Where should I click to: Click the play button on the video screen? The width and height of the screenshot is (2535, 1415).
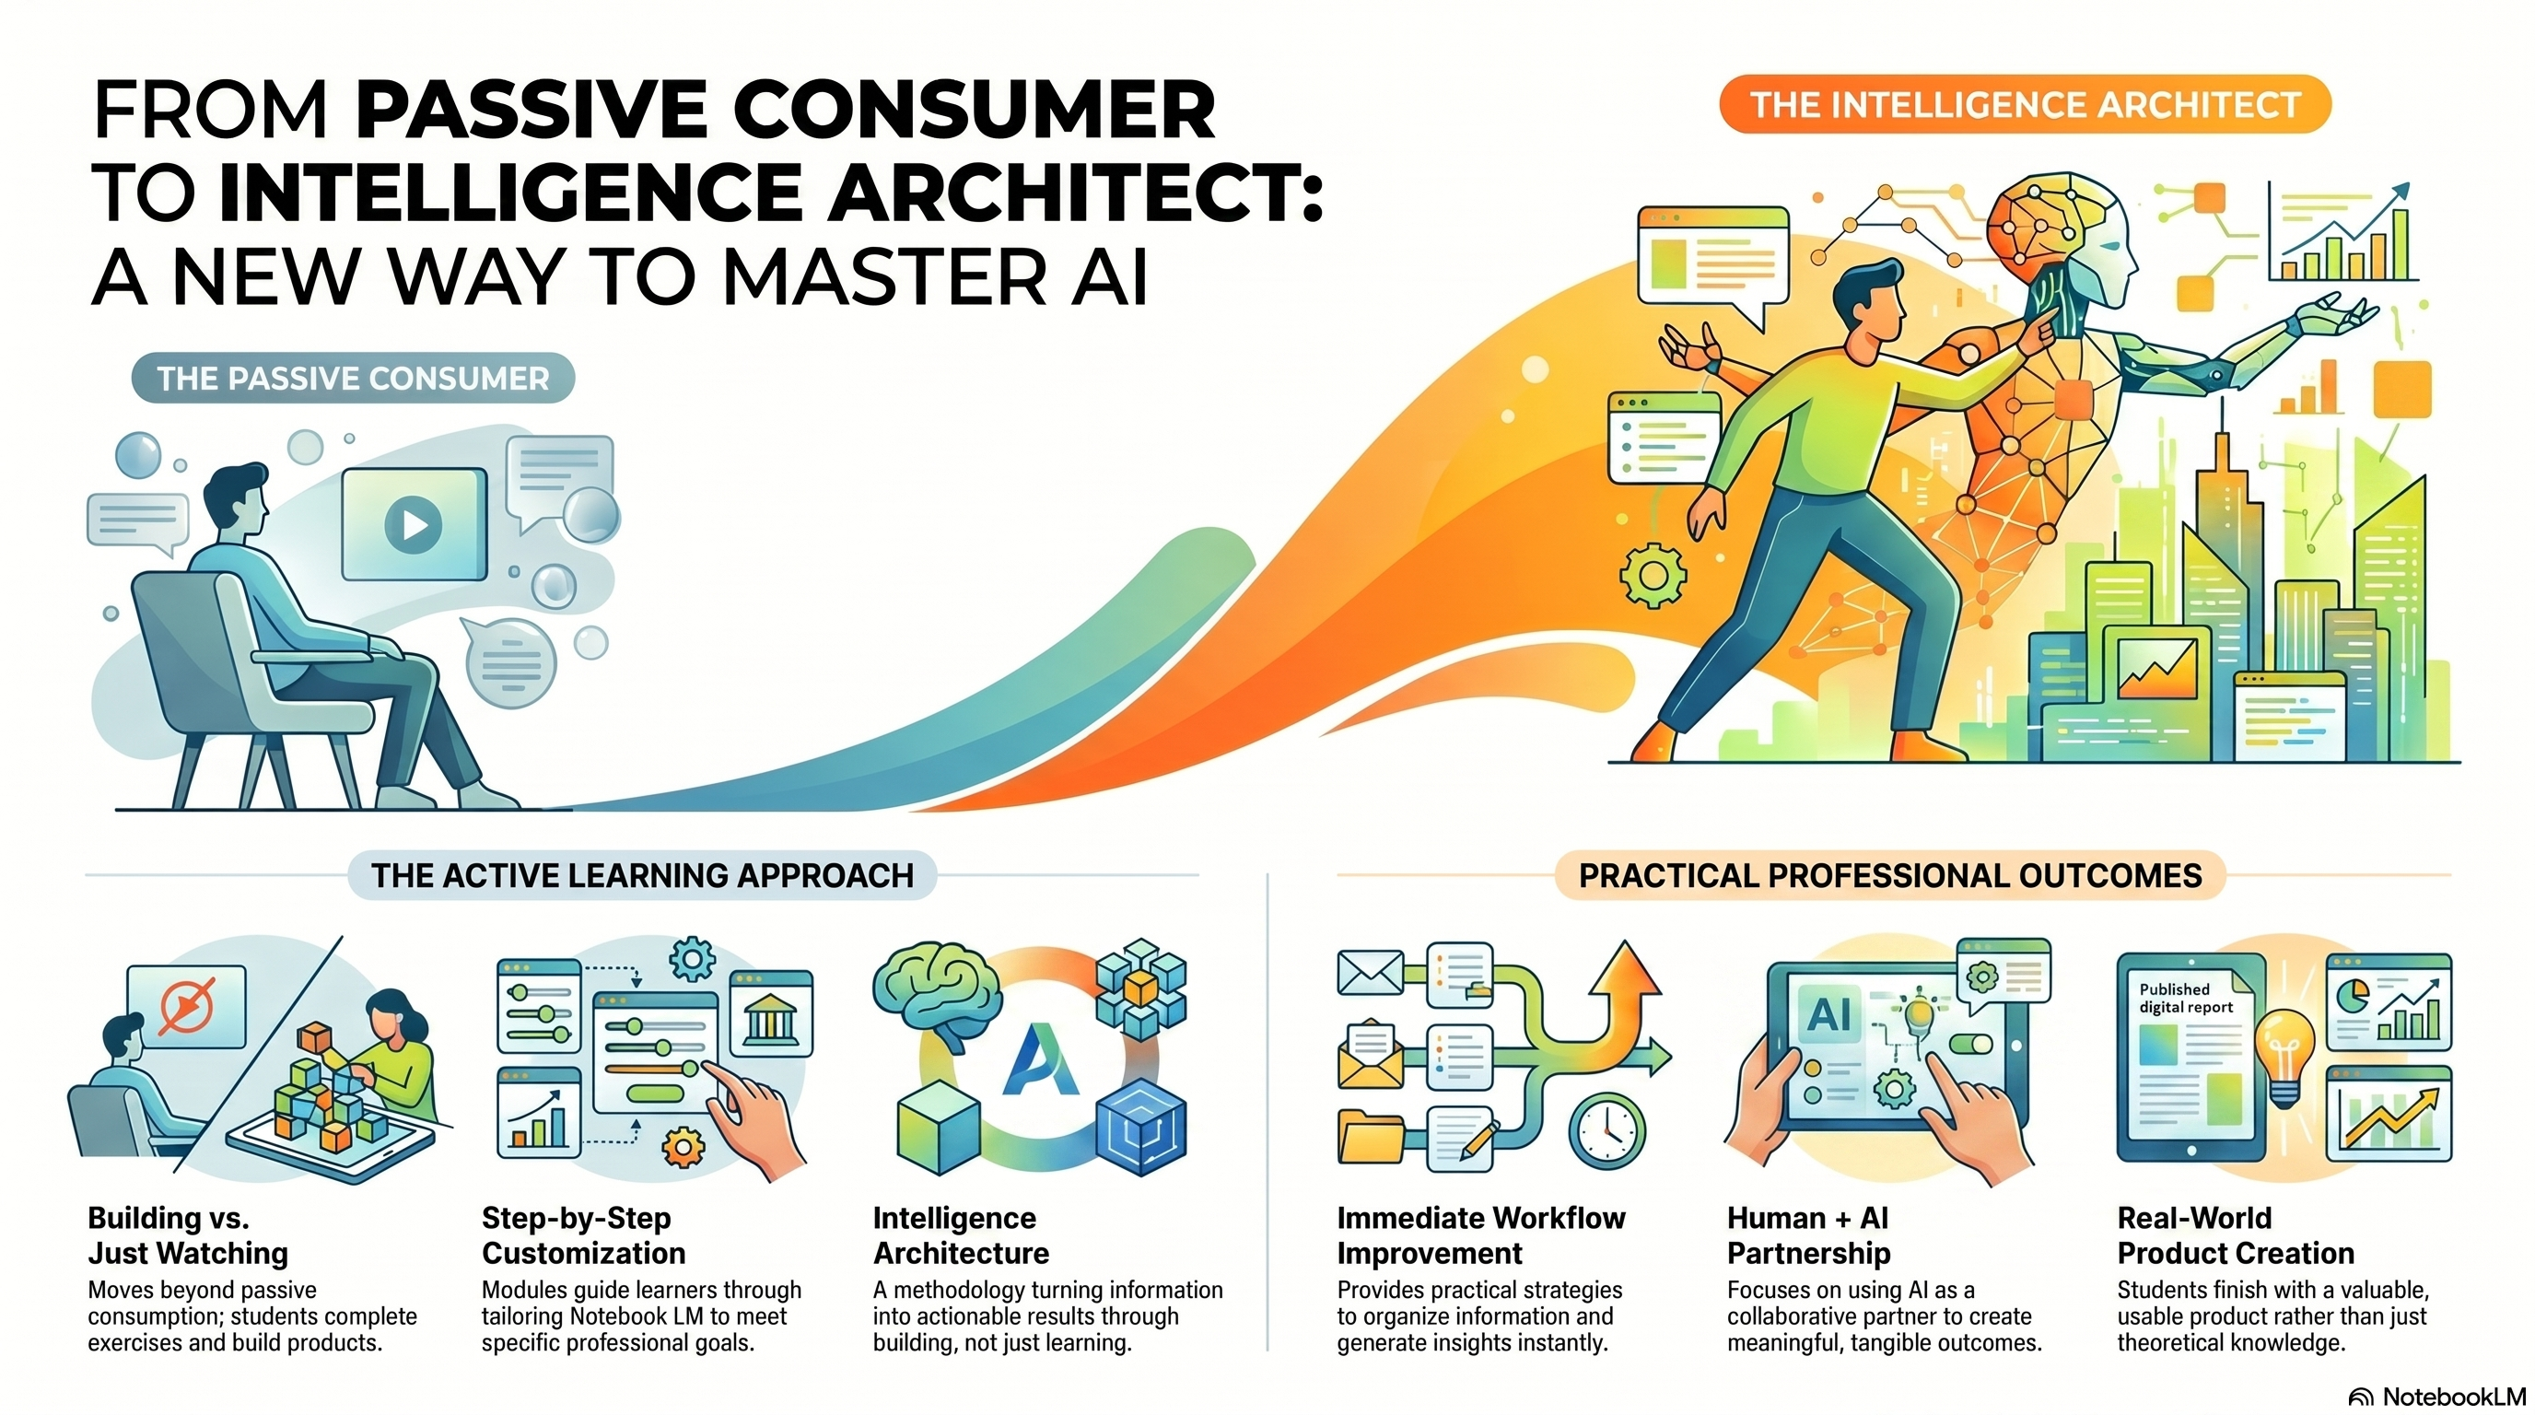(x=414, y=524)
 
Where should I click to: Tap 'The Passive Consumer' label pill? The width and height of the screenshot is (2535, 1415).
(x=352, y=378)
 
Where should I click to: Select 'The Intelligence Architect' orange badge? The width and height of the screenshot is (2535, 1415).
(x=2025, y=104)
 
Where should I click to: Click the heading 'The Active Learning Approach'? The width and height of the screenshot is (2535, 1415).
(x=642, y=875)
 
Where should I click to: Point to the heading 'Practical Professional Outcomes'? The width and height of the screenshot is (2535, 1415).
(x=1889, y=875)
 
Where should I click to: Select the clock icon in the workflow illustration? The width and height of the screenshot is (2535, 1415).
(x=1607, y=1131)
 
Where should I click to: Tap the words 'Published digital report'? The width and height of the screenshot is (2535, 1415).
(x=2186, y=998)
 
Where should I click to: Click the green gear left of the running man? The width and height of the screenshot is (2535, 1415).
(x=1653, y=575)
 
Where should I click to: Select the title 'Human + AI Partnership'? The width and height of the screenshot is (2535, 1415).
(x=1809, y=1235)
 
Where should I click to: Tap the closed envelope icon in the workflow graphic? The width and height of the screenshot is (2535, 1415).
(x=1370, y=971)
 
